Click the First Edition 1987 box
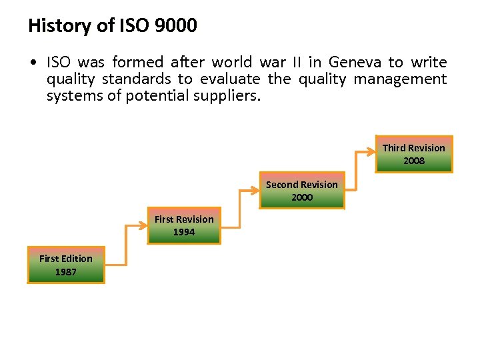click(66, 265)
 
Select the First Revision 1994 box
click(184, 225)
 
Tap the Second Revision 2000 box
click(302, 191)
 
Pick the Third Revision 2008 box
click(413, 154)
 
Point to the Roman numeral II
click(297, 63)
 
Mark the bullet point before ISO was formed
click(33, 63)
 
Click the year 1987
click(66, 272)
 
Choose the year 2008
click(413, 161)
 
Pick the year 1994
click(184, 232)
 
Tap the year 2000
click(302, 197)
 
